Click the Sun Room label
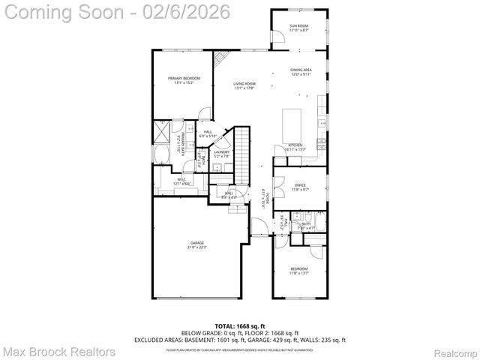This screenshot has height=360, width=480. [298, 28]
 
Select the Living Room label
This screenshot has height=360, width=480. [244, 85]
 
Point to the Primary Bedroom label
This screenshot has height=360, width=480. [182, 80]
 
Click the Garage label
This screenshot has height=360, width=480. [196, 245]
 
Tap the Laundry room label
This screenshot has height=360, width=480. [221, 154]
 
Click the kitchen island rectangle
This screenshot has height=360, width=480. [292, 121]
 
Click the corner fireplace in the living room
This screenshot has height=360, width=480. [220, 58]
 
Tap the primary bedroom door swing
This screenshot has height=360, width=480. [204, 113]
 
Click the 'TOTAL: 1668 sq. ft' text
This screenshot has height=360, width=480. [240, 326]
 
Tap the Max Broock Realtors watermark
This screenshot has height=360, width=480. [58, 351]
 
